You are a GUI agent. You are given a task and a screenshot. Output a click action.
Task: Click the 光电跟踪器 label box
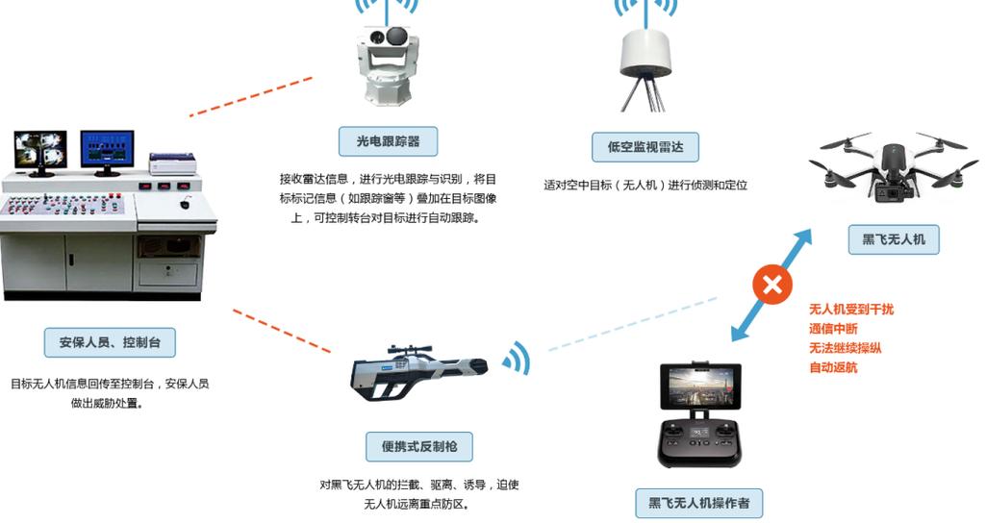click(x=388, y=141)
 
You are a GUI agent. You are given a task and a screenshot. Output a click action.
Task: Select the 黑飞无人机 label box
click(x=893, y=239)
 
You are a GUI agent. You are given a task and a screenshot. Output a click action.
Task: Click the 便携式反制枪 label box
click(x=419, y=446)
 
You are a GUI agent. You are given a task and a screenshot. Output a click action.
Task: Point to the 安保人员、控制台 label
click(x=110, y=341)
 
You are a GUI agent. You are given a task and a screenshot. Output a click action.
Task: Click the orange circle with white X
click(x=771, y=285)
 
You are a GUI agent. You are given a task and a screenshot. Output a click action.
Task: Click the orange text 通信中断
click(x=833, y=329)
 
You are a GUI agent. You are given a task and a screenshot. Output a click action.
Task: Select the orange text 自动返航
click(x=833, y=367)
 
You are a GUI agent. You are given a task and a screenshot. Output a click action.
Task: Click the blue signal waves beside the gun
click(x=517, y=360)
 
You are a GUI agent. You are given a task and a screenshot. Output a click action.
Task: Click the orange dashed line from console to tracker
click(x=251, y=97)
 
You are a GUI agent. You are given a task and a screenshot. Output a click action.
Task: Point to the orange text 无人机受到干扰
click(x=850, y=309)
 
